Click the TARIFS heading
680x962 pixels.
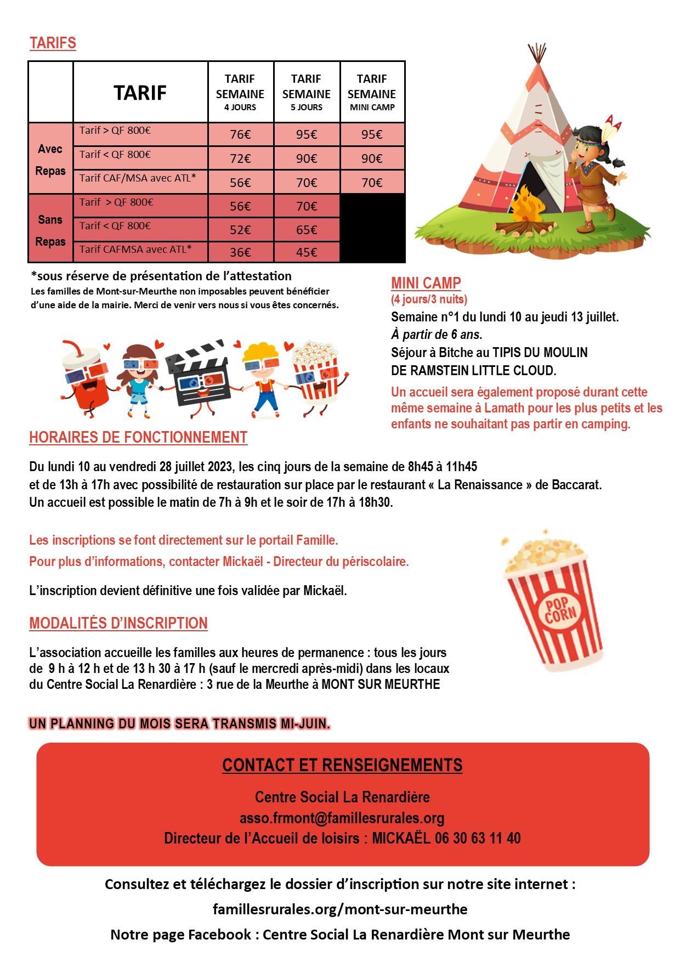pos(53,43)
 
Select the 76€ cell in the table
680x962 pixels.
pos(240,134)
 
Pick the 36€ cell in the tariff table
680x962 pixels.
pos(240,252)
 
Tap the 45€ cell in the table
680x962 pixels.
pos(307,252)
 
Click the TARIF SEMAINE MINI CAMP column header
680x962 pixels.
pos(372,92)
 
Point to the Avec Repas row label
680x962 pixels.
pos(50,160)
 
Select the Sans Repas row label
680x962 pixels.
pos(50,230)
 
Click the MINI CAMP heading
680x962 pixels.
pos(426,283)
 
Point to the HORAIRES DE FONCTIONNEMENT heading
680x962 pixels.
pos(138,437)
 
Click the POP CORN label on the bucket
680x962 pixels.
pos(560,609)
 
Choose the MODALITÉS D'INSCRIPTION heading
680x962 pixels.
pos(118,623)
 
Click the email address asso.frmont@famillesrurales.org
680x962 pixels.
pos(342,818)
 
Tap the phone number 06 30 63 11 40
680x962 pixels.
pos(478,838)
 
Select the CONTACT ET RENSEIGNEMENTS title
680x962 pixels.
pos(342,765)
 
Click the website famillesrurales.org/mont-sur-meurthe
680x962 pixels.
pos(340,909)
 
